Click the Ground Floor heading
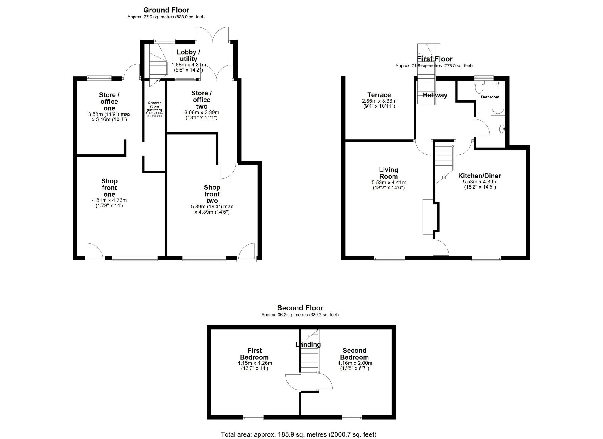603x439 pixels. [x=166, y=10]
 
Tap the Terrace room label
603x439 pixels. [x=379, y=95]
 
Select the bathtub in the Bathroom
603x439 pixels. [x=497, y=98]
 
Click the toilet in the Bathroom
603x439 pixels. [x=479, y=87]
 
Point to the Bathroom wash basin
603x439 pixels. [x=503, y=129]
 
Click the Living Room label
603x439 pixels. [x=388, y=173]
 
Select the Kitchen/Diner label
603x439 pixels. [x=479, y=176]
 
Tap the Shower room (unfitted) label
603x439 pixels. [x=154, y=107]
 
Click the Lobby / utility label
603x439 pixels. [x=188, y=56]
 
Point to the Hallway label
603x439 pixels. [x=435, y=95]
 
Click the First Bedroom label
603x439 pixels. [x=254, y=354]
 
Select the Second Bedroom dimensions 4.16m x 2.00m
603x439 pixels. [x=355, y=363]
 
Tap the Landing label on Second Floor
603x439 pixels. [x=308, y=345]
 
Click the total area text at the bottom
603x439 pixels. [x=298, y=434]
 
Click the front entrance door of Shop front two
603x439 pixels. [x=247, y=252]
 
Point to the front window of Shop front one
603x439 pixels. [x=135, y=258]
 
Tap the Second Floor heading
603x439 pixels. [x=300, y=308]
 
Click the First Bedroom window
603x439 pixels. [x=253, y=418]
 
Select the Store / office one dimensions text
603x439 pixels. [x=109, y=117]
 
